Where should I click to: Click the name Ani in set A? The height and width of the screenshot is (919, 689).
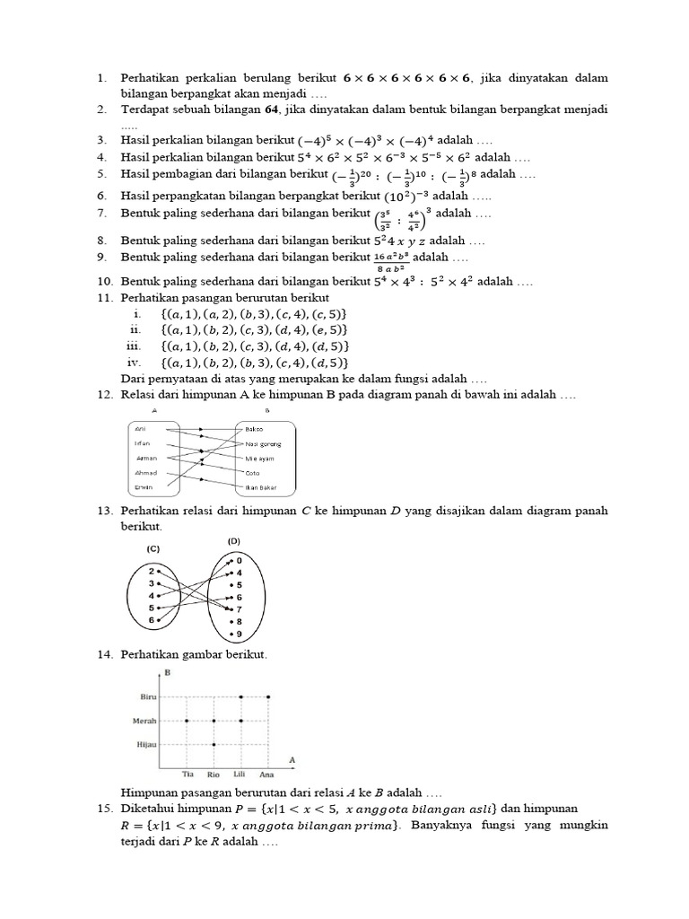coord(139,429)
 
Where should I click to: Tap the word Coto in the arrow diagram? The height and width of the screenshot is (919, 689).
coord(253,472)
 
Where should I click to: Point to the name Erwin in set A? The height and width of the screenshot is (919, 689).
coord(143,486)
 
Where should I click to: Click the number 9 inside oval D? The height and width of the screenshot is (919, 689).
coord(239,635)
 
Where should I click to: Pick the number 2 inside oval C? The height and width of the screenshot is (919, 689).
coord(153,571)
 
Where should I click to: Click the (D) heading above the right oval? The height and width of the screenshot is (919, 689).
coord(235,541)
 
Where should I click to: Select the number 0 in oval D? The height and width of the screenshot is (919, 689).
coord(239,560)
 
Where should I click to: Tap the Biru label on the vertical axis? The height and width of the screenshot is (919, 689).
coord(148,696)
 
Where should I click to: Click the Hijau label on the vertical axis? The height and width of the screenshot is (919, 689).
coord(146,744)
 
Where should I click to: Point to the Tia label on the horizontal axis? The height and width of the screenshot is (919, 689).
coord(188,774)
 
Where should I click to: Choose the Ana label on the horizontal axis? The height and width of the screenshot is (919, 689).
coord(267,774)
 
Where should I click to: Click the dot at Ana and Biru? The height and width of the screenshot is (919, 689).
coord(268,696)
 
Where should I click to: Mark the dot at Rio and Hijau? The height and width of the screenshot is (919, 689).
coord(214,744)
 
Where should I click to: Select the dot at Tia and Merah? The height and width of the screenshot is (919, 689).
coord(187,720)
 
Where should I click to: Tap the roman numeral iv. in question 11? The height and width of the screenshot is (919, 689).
coord(135,363)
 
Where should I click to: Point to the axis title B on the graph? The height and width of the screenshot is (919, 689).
coord(166,671)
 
